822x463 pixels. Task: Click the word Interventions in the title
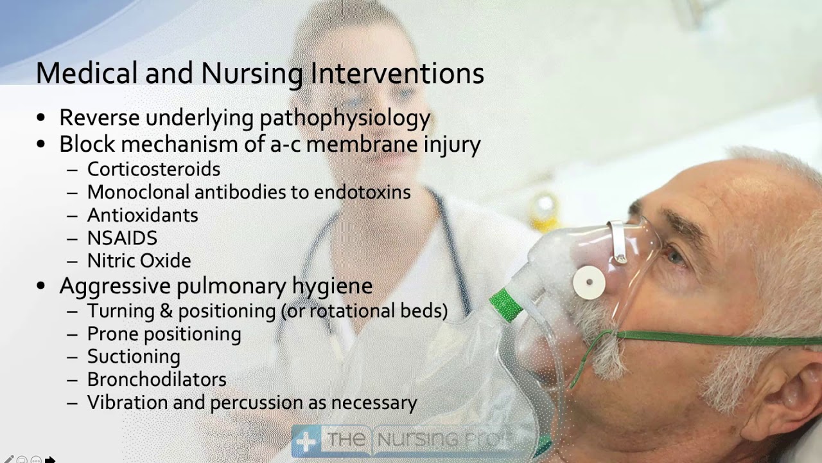coord(398,73)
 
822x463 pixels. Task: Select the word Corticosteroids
coord(153,169)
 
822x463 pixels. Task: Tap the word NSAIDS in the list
coord(122,238)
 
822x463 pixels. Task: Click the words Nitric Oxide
coord(139,261)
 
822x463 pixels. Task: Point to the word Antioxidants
coord(143,215)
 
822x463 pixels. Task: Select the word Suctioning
coord(134,357)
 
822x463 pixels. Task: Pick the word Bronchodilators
coord(157,379)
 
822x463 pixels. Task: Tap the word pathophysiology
coord(344,118)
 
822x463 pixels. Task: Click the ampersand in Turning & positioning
coord(166,311)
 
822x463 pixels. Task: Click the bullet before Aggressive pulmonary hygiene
coord(42,286)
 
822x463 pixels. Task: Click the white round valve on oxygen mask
coord(589,283)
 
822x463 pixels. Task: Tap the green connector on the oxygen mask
coord(507,305)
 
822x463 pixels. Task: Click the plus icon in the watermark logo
coord(306,441)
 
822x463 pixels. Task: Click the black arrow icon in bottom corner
coord(50,460)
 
